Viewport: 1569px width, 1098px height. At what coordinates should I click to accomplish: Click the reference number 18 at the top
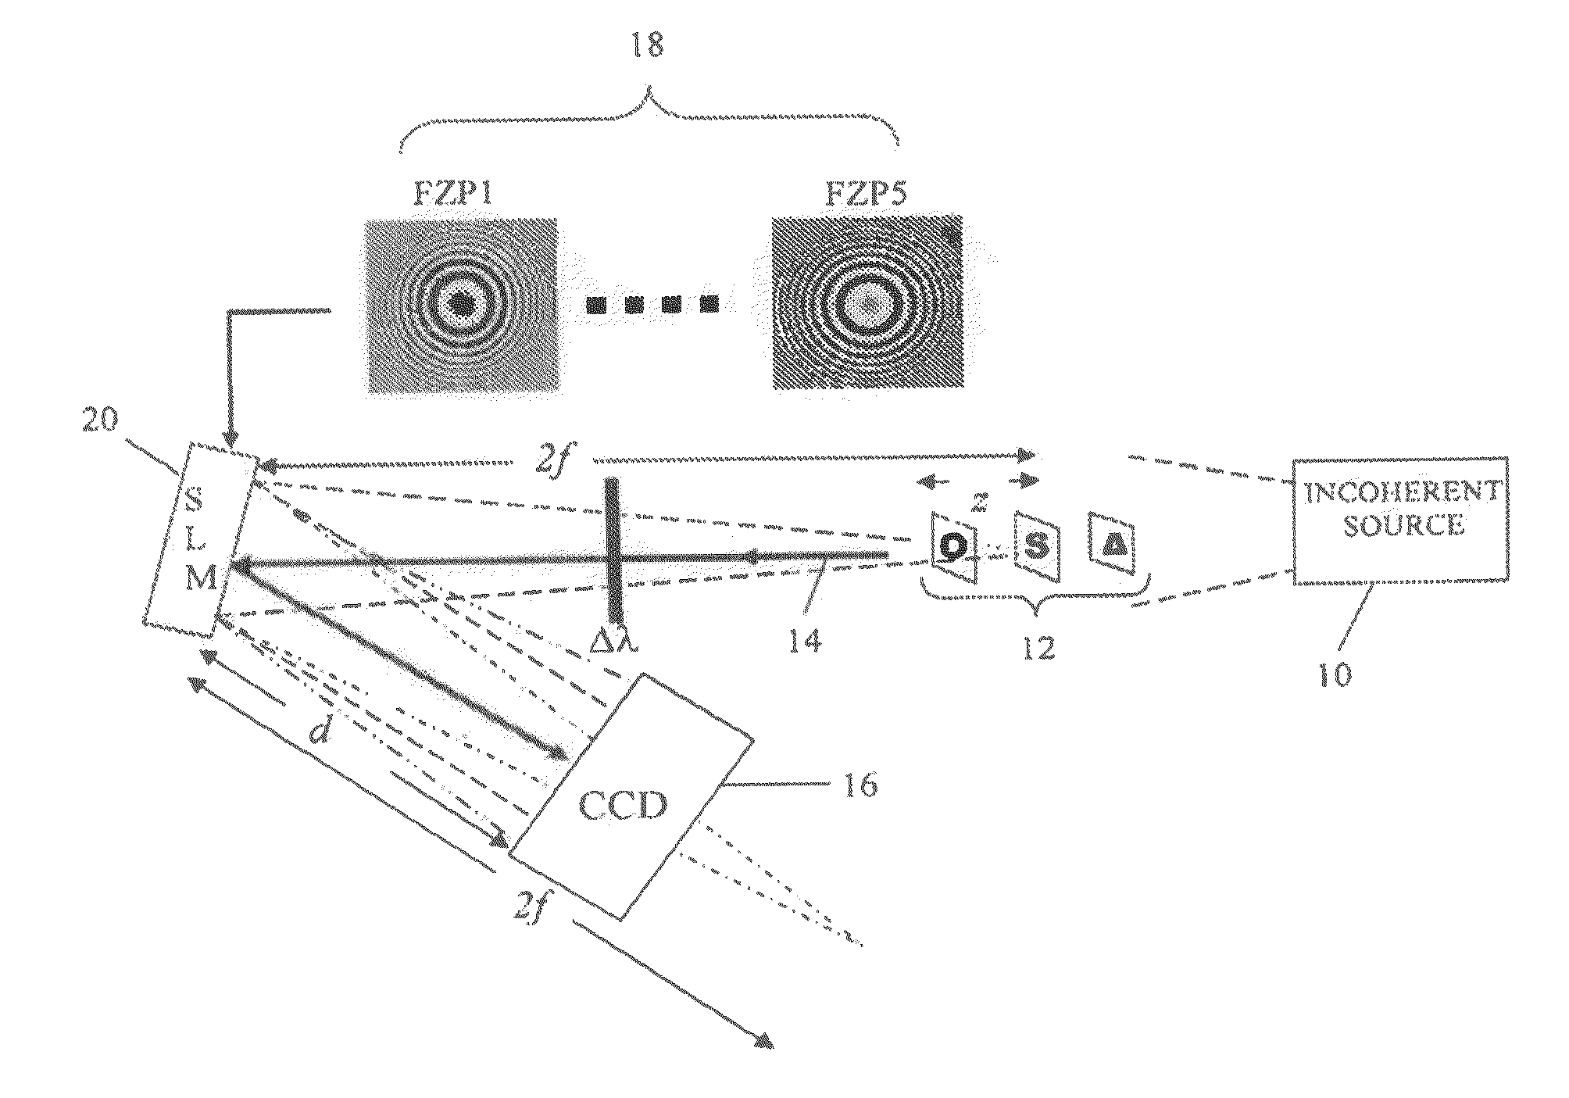(x=648, y=46)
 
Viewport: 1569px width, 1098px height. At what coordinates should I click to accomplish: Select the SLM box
(x=200, y=542)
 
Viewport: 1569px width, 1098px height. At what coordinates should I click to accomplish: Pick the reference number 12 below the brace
(x=1038, y=648)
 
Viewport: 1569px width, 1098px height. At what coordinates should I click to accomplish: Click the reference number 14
(x=804, y=642)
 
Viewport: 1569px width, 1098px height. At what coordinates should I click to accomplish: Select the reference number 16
(x=860, y=785)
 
